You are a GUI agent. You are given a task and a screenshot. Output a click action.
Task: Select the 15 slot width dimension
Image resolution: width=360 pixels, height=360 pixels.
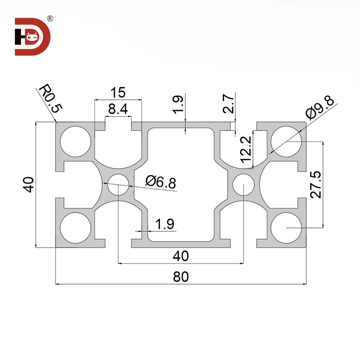[118, 92]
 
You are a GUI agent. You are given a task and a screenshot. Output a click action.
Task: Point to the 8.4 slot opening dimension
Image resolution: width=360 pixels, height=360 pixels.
[118, 109]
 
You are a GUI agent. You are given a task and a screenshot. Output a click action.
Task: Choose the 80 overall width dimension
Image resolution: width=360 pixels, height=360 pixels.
[180, 276]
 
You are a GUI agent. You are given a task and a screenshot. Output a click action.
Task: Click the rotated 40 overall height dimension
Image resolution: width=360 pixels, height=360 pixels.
[29, 185]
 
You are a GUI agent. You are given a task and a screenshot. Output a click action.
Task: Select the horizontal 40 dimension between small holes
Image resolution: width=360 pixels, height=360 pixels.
[180, 256]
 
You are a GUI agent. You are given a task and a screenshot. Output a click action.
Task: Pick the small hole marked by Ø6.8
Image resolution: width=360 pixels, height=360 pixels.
[118, 184]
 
